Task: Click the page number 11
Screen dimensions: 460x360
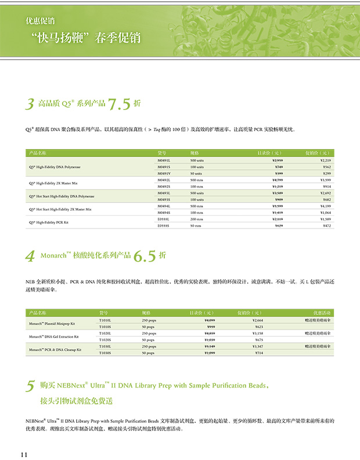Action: [x=24, y=454]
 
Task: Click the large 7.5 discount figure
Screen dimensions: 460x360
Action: [x=120, y=104]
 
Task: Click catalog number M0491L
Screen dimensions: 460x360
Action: [x=164, y=160]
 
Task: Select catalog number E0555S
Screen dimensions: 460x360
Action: [x=164, y=226]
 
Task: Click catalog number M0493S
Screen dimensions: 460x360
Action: [x=164, y=200]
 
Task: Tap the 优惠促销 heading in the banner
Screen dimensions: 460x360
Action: [x=40, y=21]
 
